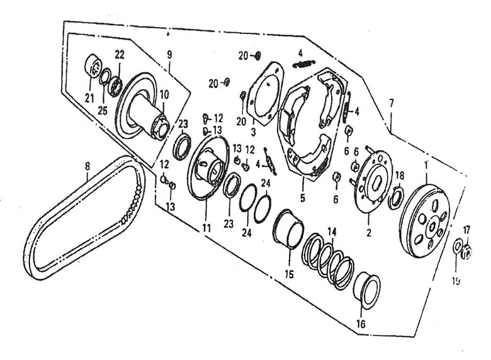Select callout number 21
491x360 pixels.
tap(89, 99)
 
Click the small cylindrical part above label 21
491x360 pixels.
tap(93, 65)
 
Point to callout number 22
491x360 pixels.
tap(120, 55)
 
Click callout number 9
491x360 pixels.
tap(169, 55)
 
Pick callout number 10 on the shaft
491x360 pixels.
tap(164, 94)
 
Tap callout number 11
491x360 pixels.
tap(206, 228)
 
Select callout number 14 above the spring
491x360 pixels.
tap(332, 232)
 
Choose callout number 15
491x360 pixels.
tap(289, 274)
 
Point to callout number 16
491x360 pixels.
tap(361, 324)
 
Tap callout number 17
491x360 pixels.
tap(466, 230)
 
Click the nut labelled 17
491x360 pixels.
tap(466, 252)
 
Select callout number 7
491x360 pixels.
tap(392, 103)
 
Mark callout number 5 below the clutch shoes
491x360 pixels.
tap(303, 198)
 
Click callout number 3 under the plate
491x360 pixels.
tap(253, 132)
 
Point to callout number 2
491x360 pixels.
tap(369, 233)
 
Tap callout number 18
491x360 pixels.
tap(399, 176)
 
